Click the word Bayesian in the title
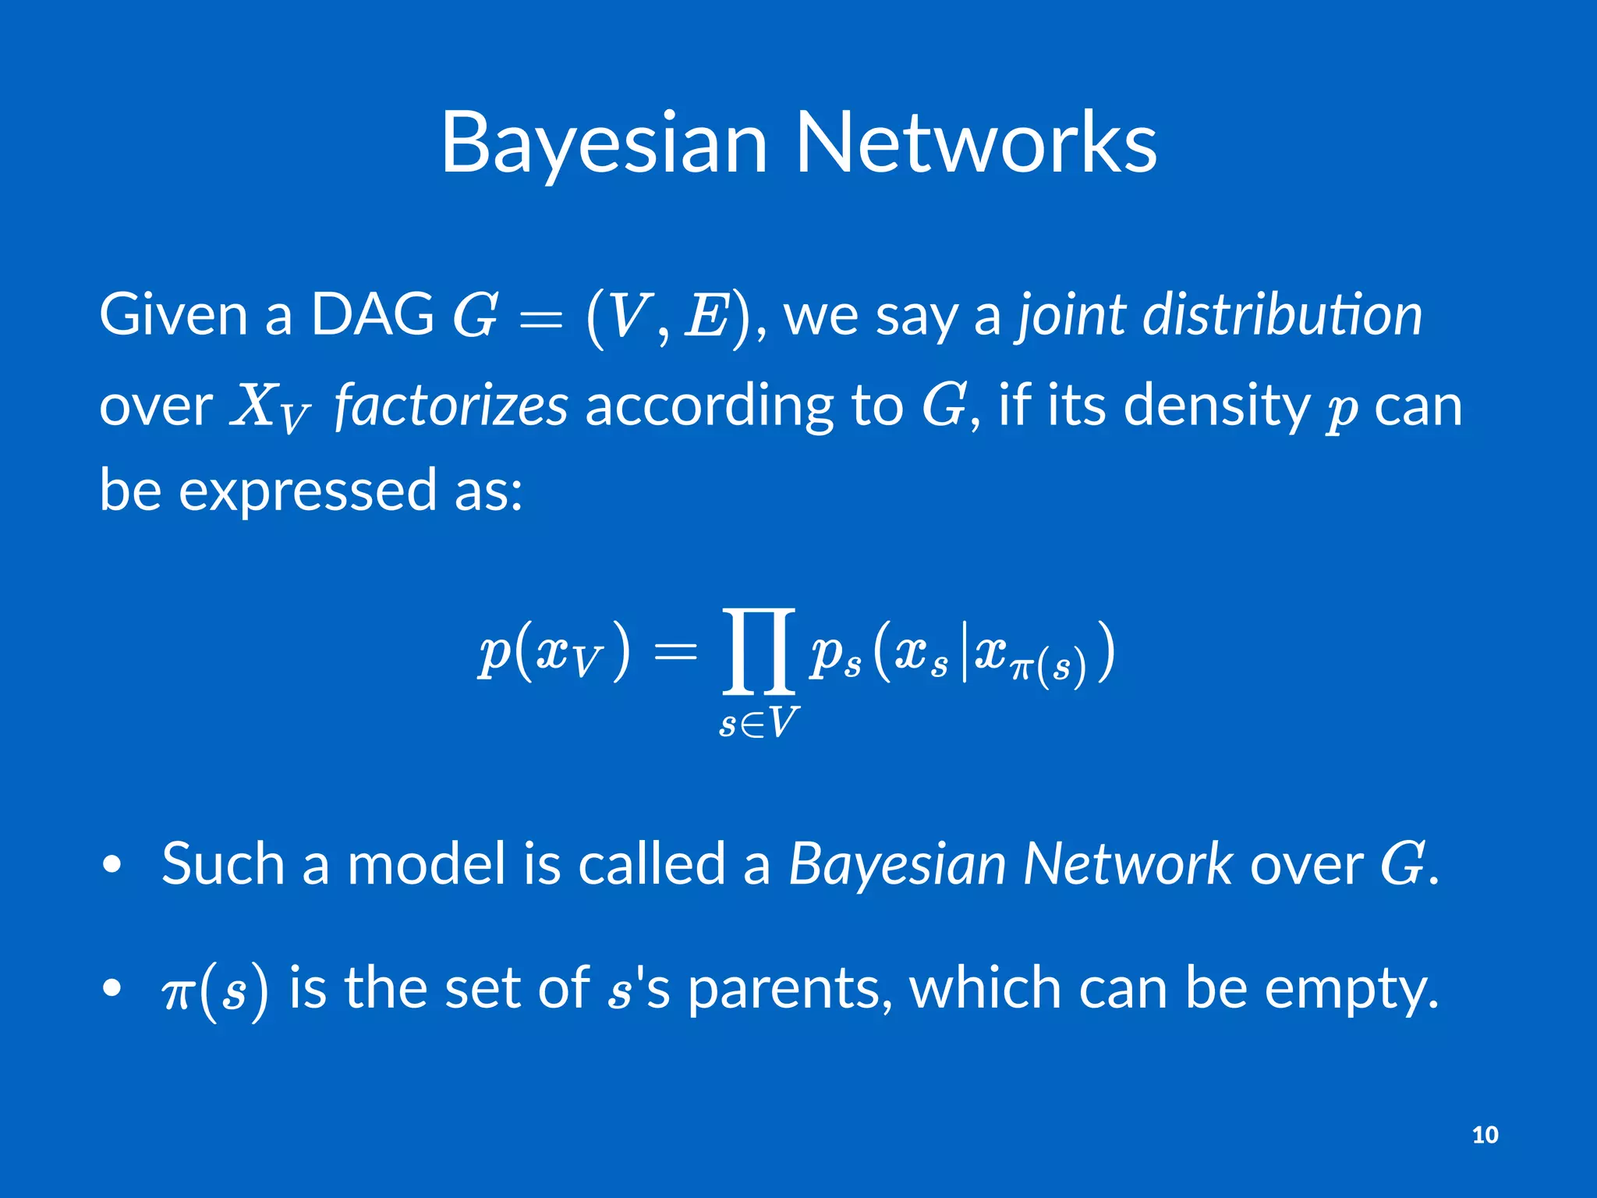point(604,144)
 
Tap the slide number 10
point(1485,1134)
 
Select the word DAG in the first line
point(372,314)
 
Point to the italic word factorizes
point(451,406)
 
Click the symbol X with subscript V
point(269,407)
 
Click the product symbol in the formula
point(759,651)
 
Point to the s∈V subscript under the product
point(759,723)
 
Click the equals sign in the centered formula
point(675,651)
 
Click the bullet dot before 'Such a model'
point(112,865)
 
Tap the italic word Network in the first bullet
point(1127,863)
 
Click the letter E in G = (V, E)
point(706,316)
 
